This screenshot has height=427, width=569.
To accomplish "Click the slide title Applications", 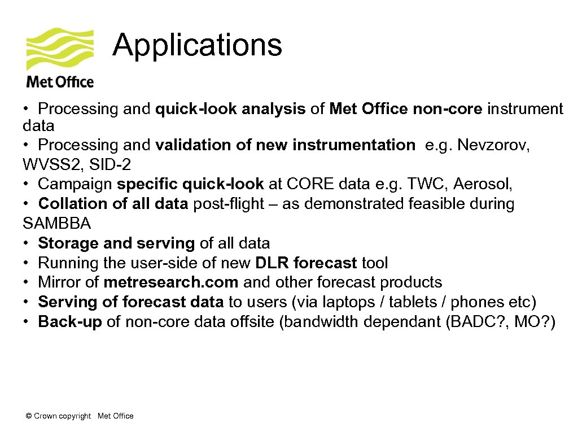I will (x=197, y=45).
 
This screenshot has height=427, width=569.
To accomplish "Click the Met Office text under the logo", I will (x=60, y=82).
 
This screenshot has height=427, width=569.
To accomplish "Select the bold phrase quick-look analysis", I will (x=230, y=109).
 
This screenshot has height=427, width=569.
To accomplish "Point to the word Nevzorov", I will (x=493, y=145).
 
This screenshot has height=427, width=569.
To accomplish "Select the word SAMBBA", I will (x=56, y=223).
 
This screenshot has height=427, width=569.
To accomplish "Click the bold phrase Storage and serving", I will (x=116, y=243).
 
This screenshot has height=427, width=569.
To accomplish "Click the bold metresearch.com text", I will (x=172, y=282).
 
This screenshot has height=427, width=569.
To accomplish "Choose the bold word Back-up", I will (x=69, y=321).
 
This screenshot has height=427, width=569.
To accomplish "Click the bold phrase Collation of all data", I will (x=113, y=203).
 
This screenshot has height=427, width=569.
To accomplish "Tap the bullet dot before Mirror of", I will (x=27, y=282).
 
